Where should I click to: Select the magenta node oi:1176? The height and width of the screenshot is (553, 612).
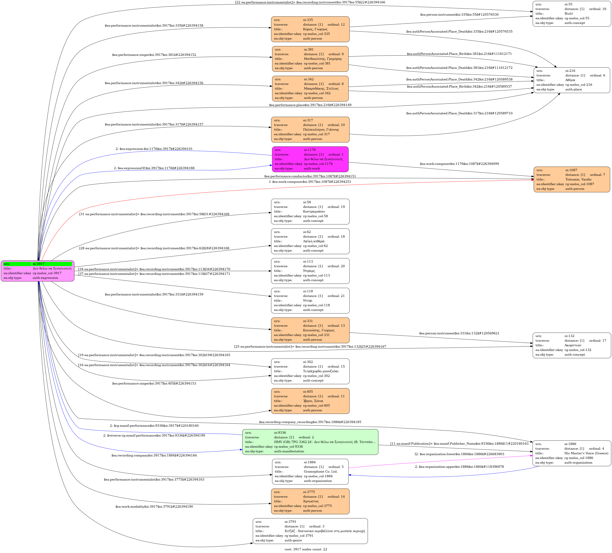pos(310,159)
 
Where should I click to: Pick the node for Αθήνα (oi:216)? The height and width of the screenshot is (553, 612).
pos(572,80)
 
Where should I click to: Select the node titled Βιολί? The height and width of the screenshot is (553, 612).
pos(572,14)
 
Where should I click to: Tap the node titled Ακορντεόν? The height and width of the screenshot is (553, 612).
pos(572,345)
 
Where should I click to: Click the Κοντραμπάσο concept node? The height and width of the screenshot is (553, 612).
pos(310,211)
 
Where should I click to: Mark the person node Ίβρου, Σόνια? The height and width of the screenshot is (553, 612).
pos(310,401)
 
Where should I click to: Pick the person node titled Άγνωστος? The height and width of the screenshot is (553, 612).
pos(310,501)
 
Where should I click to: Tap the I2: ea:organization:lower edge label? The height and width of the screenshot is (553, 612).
pos(459,454)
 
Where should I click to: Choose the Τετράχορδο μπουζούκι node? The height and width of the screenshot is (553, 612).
pos(310,371)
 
